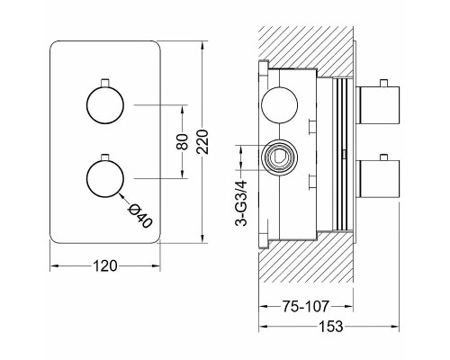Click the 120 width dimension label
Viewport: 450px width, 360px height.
(x=104, y=266)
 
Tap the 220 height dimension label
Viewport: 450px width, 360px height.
(x=203, y=141)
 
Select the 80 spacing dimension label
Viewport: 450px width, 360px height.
(x=183, y=141)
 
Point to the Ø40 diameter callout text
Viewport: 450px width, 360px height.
(x=139, y=216)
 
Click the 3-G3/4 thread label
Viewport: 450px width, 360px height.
(x=241, y=202)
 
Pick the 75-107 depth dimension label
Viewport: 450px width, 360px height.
(x=305, y=306)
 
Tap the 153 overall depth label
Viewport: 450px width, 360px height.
(x=330, y=326)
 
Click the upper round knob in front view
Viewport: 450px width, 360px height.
(x=105, y=105)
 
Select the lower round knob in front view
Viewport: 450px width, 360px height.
(x=105, y=178)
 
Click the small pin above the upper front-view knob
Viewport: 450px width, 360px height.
(x=105, y=83)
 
